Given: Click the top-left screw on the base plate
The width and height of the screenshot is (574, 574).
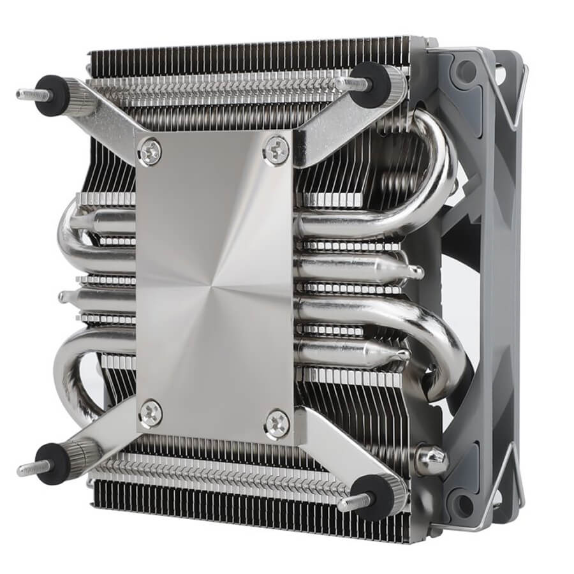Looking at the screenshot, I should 150,152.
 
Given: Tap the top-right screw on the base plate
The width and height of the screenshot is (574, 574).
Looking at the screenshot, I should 276,150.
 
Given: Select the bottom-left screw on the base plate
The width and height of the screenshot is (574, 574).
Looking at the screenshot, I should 151,413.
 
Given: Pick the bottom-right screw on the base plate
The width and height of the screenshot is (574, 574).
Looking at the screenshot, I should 277,424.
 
